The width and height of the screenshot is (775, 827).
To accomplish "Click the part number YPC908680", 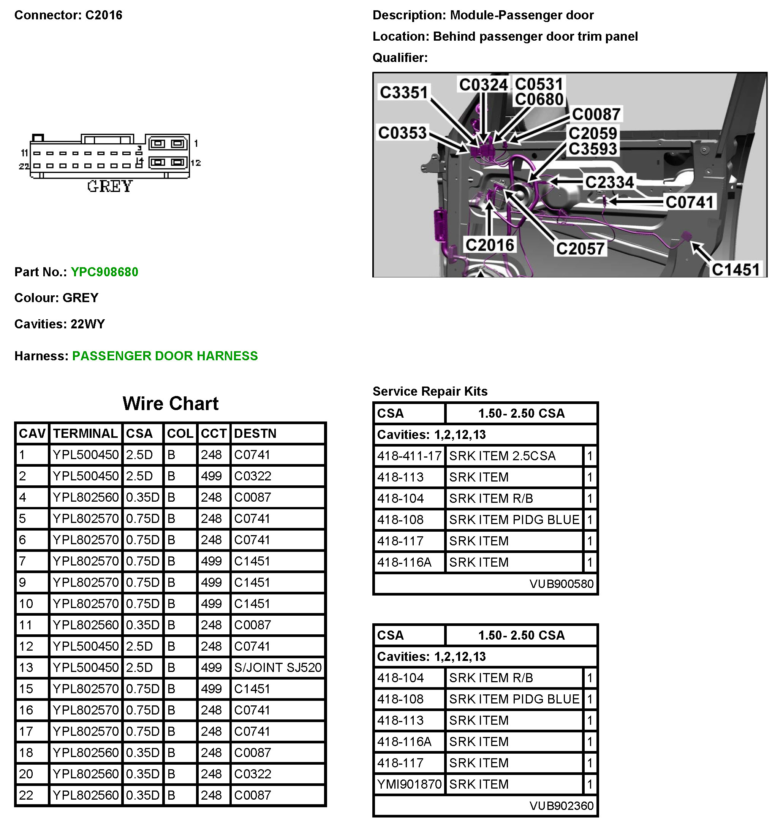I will point(104,272).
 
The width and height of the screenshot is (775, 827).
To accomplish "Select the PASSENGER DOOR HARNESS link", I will point(164,356).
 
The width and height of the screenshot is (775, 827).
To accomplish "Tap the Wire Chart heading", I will point(171,404).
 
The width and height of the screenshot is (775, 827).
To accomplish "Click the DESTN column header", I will point(255,434).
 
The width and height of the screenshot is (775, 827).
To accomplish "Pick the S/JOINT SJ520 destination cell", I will point(278,668).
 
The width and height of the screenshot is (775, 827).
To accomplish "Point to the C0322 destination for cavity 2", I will point(252,476).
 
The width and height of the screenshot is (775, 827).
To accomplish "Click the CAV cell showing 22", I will point(26,795).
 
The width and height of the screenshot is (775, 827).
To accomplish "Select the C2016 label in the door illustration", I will point(489,245).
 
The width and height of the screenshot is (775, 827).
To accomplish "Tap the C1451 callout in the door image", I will point(735,269).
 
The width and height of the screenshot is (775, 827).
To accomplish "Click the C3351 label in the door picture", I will point(404,92).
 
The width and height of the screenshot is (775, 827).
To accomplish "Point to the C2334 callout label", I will point(609,182).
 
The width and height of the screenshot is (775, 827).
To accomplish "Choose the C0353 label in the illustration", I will point(402,133).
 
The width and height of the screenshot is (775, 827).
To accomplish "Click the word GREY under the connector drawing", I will point(110,186).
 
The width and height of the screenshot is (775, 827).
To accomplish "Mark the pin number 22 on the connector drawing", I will point(24,166).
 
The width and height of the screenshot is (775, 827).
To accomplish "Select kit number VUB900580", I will point(561,584).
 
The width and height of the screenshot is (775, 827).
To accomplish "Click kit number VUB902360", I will point(561,806).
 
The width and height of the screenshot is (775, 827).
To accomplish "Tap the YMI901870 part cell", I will point(409,784).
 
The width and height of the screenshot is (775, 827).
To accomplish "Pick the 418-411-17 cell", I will point(409,456).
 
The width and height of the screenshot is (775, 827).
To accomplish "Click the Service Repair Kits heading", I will point(430,391).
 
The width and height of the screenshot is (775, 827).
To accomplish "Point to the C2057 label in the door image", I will point(580,249).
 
